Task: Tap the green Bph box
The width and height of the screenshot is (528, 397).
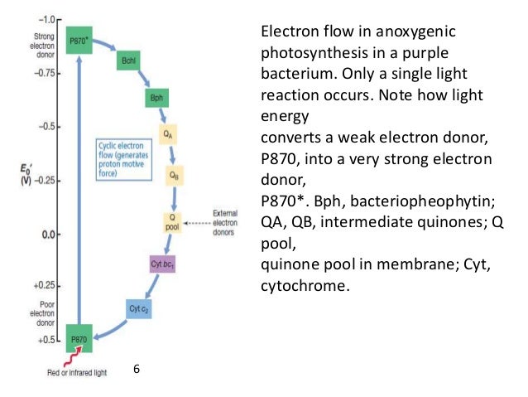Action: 155,99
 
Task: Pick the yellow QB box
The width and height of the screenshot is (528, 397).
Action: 173,175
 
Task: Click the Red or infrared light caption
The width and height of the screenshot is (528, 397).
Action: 79,373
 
